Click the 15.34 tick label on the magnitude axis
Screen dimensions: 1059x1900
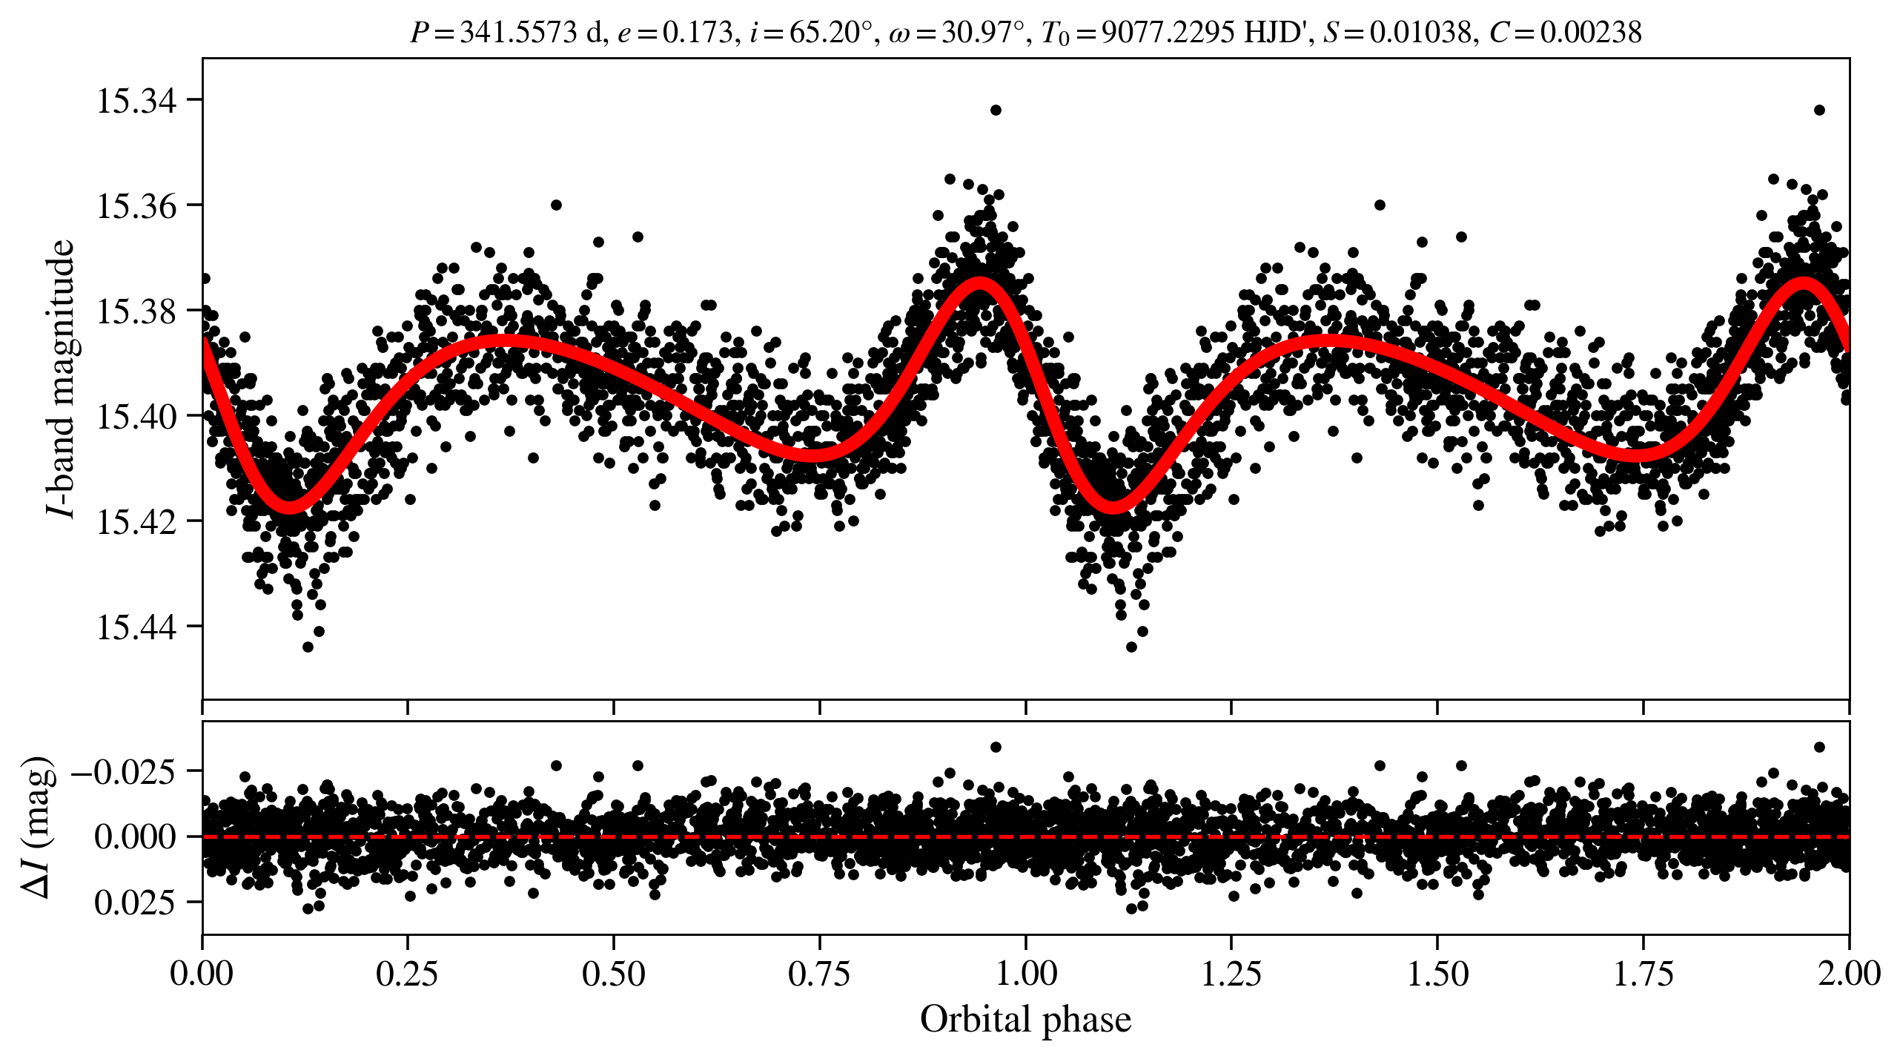pyautogui.click(x=137, y=102)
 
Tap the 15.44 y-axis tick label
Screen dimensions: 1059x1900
pyautogui.click(x=137, y=627)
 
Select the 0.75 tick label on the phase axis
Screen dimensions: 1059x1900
pyautogui.click(x=819, y=974)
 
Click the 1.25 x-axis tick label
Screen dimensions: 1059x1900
pyautogui.click(x=1231, y=974)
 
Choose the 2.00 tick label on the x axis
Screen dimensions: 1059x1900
pyautogui.click(x=1848, y=974)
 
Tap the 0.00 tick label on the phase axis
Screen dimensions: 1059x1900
pyautogui.click(x=202, y=974)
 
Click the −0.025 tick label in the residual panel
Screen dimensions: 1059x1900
pyautogui.click(x=124, y=772)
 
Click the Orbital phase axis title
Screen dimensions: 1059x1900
pyautogui.click(x=1025, y=1020)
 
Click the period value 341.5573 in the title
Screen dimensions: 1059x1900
pyautogui.click(x=518, y=33)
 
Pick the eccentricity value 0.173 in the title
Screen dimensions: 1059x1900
pyautogui.click(x=697, y=33)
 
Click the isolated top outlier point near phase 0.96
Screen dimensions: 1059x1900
pyautogui.click(x=996, y=110)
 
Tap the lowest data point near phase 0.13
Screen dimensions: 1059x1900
pyautogui.click(x=308, y=647)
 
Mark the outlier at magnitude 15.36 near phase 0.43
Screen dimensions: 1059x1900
pyautogui.click(x=556, y=205)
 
